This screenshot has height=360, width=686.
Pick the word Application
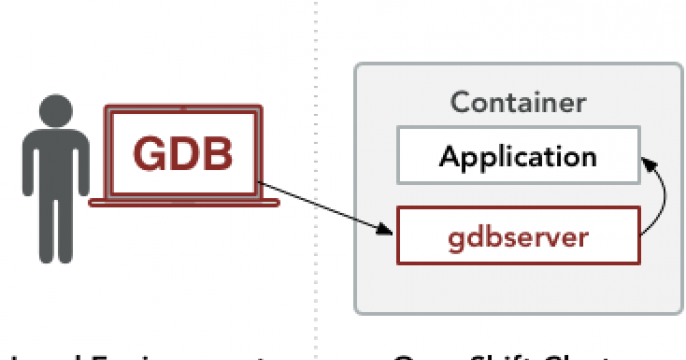518,157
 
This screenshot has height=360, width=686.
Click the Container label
518,102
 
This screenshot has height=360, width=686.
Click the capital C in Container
459,102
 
